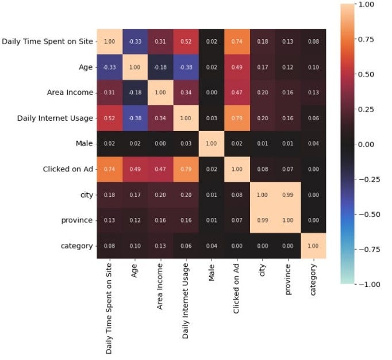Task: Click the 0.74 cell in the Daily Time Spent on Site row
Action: pos(237,41)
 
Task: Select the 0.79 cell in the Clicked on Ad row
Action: pos(186,169)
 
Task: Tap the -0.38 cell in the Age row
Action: pos(186,67)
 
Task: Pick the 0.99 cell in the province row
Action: pos(263,220)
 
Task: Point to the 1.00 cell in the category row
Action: pos(314,246)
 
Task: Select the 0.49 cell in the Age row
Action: pos(237,67)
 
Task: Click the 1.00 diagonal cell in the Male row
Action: pos(212,144)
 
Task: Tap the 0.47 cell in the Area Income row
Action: pos(237,93)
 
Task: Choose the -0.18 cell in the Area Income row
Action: pos(134,93)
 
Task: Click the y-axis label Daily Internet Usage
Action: pos(48,118)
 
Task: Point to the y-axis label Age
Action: pos(86,67)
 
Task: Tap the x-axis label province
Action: pos(288,279)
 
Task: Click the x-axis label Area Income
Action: pos(160,288)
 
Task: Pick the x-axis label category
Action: pos(314,281)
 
